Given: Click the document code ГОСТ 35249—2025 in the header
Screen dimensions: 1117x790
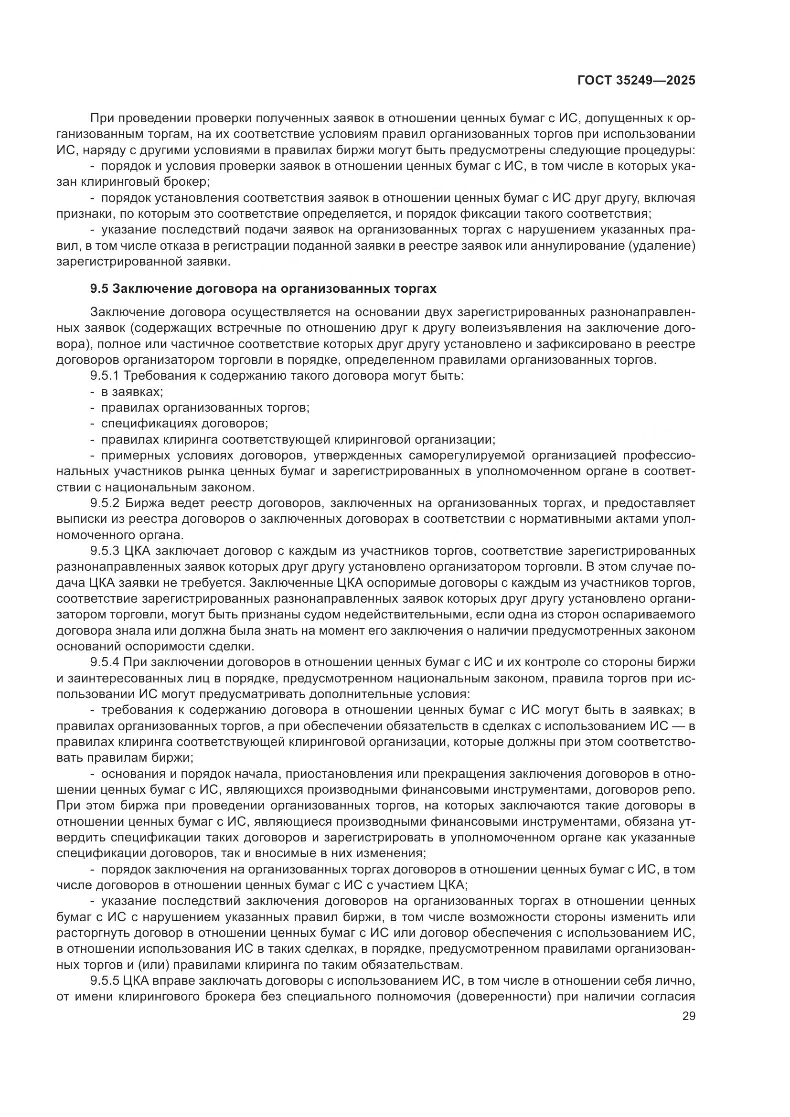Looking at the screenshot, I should point(636,80).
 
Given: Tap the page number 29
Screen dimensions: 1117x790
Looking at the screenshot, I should point(688,1016).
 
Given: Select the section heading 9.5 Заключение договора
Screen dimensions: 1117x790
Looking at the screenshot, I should point(263,288).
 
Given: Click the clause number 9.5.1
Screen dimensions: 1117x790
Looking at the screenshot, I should point(106,375).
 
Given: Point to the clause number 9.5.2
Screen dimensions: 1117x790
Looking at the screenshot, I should point(106,502).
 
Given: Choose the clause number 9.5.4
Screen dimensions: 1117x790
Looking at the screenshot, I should point(106,661).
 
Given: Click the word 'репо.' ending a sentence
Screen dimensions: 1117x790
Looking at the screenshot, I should point(681,789).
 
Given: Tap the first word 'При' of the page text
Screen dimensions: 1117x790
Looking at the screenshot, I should point(101,118).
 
